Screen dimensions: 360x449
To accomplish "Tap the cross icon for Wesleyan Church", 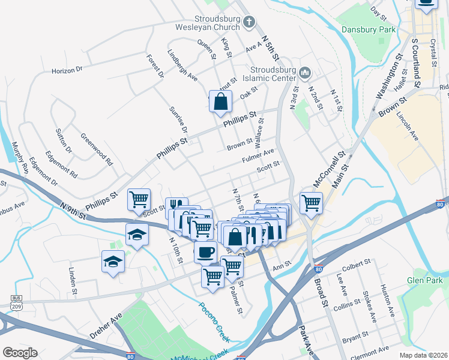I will (249, 23).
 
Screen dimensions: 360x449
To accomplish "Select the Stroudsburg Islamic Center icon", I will (305, 73).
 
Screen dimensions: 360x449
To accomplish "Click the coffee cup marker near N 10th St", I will (205, 252).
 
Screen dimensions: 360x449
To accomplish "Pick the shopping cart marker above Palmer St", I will (212, 277).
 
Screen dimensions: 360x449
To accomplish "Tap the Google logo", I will (20, 352).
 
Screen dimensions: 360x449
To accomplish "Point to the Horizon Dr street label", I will (67, 70).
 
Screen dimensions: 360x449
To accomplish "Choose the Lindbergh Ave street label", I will (182, 65).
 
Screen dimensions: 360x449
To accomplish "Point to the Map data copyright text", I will (423, 355).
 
